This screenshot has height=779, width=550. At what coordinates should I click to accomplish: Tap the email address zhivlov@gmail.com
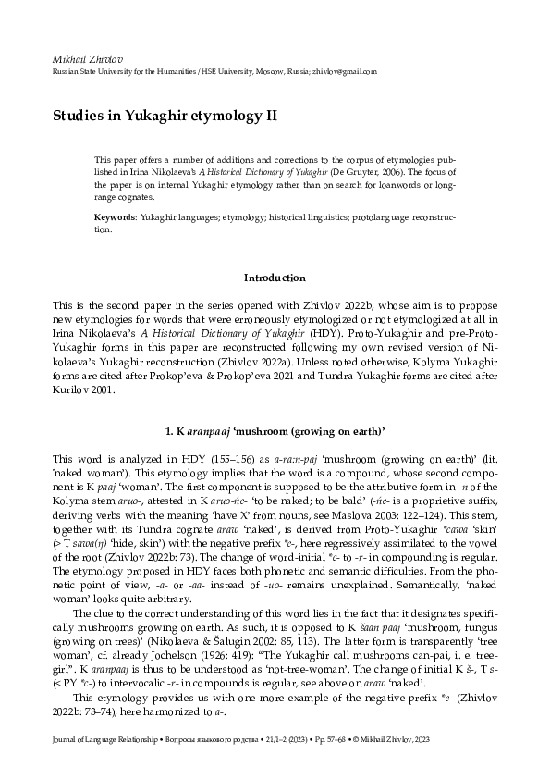344,72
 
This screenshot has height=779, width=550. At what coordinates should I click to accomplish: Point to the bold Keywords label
116,216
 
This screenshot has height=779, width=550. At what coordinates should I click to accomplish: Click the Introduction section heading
275,278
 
